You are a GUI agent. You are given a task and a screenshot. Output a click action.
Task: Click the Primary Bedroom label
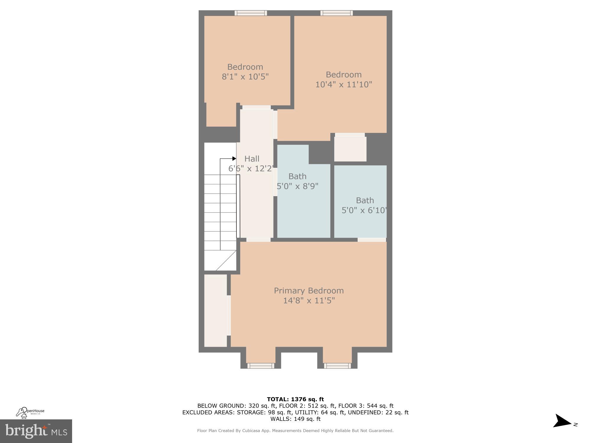click(309, 291)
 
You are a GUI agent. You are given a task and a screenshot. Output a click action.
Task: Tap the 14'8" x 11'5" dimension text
click(309, 301)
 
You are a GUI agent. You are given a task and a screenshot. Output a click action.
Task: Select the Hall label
click(252, 159)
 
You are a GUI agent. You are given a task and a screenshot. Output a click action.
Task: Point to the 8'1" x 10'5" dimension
click(245, 77)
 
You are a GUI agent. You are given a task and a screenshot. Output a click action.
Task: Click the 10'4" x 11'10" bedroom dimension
click(343, 84)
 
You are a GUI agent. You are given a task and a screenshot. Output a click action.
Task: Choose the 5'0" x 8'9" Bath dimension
click(298, 186)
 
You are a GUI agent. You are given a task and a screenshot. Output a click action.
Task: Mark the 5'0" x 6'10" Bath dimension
click(364, 210)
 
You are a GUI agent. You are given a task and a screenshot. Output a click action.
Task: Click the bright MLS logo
click(36, 431)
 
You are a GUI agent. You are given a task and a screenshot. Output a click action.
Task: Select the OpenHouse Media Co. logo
click(30, 412)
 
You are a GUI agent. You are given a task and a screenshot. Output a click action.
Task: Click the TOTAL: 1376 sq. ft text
click(295, 400)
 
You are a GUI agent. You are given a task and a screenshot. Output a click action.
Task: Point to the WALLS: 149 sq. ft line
click(295, 419)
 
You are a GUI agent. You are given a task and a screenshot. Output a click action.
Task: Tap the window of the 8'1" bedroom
click(251, 13)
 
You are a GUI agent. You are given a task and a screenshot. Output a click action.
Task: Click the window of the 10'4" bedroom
click(337, 13)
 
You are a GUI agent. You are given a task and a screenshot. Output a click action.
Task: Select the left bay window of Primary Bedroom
click(261, 366)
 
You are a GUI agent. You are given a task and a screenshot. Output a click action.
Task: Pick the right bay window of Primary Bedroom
click(337, 366)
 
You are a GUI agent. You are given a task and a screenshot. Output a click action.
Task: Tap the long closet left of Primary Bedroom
click(215, 310)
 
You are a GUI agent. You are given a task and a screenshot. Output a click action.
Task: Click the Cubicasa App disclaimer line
click(295, 431)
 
